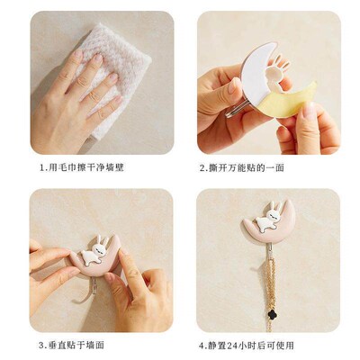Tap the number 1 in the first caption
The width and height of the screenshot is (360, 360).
pos(41,167)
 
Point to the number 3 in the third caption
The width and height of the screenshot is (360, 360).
pos(41,345)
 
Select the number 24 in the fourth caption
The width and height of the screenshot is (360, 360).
pos(244,345)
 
